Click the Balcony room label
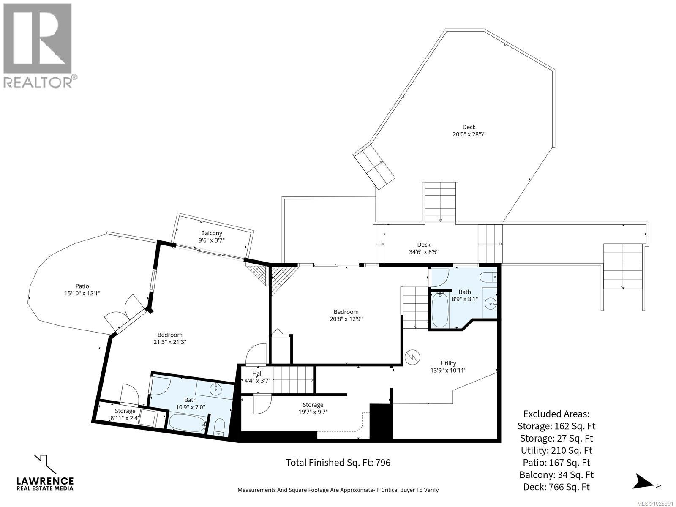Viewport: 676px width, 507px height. pyautogui.click(x=212, y=233)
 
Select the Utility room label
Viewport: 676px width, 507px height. pyautogui.click(x=448, y=363)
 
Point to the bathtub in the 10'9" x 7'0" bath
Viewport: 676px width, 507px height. pyautogui.click(x=186, y=422)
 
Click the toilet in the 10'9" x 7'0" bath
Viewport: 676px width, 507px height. pyautogui.click(x=219, y=427)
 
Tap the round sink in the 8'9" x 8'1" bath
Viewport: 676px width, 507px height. pyautogui.click(x=490, y=303)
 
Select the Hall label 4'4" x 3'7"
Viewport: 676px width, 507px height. pyautogui.click(x=257, y=377)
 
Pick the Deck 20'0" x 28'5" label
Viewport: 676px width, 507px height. pyautogui.click(x=469, y=131)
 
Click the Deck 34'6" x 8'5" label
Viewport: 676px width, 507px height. pyautogui.click(x=423, y=248)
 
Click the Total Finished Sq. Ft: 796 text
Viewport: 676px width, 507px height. pyautogui.click(x=338, y=463)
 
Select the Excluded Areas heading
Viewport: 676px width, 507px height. pyautogui.click(x=556, y=414)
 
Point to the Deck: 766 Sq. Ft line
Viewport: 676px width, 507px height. pyautogui.click(x=556, y=487)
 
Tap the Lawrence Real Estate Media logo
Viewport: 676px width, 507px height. pyautogui.click(x=45, y=473)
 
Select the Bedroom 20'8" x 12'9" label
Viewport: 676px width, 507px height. pyautogui.click(x=346, y=316)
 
